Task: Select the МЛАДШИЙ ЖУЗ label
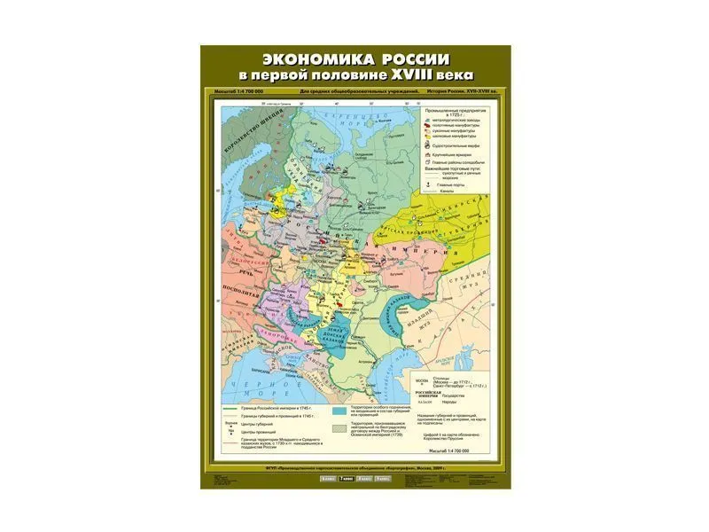pyautogui.click(x=442, y=319)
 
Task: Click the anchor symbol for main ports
pyautogui.click(x=426, y=183)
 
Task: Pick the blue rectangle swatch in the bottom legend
pyautogui.click(x=339, y=411)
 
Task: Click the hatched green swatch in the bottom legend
pyautogui.click(x=339, y=428)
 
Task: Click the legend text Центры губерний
pyautogui.click(x=257, y=424)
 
